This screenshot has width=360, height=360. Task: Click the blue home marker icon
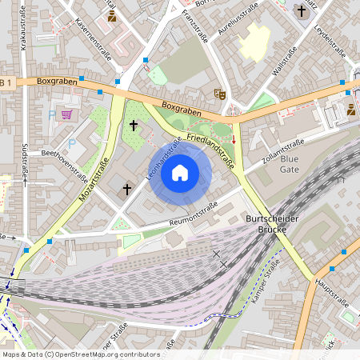point(180,172)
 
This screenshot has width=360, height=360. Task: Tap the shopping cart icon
point(66,114)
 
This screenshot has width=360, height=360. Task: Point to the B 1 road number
point(6,82)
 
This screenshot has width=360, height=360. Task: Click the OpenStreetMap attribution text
point(80,354)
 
